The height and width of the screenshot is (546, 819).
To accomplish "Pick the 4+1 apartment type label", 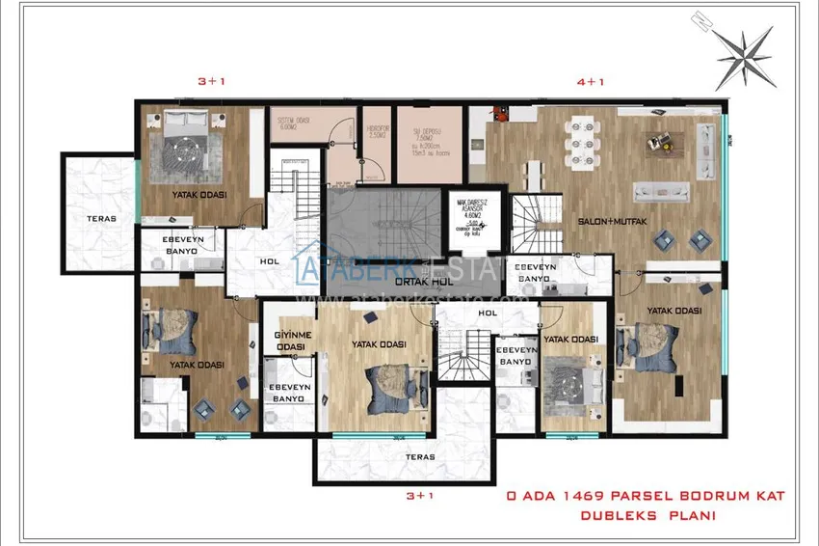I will coord(590,83).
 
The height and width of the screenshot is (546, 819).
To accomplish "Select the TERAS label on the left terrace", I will coord(101,218).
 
